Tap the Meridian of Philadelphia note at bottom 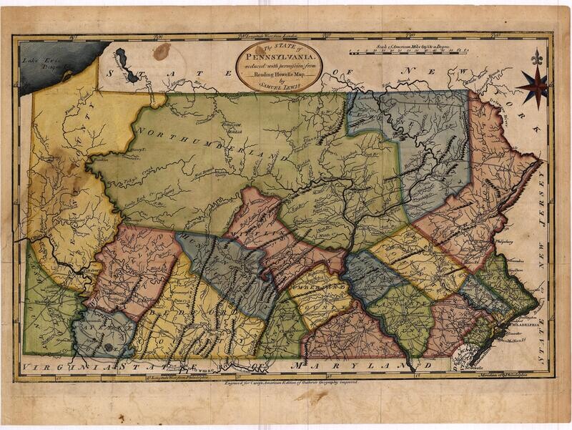(x=500, y=371)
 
